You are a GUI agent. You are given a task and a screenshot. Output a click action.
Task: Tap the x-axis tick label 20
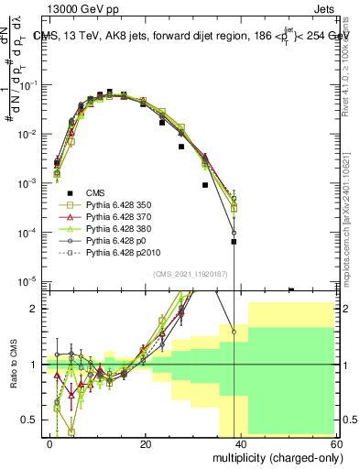pyautogui.click(x=147, y=443)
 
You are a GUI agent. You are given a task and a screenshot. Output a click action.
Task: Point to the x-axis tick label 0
pyautogui.click(x=50, y=443)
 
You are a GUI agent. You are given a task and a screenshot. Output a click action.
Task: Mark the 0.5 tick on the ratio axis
pyautogui.click(x=32, y=420)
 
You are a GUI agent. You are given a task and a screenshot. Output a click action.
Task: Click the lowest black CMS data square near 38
pyautogui.click(x=234, y=243)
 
